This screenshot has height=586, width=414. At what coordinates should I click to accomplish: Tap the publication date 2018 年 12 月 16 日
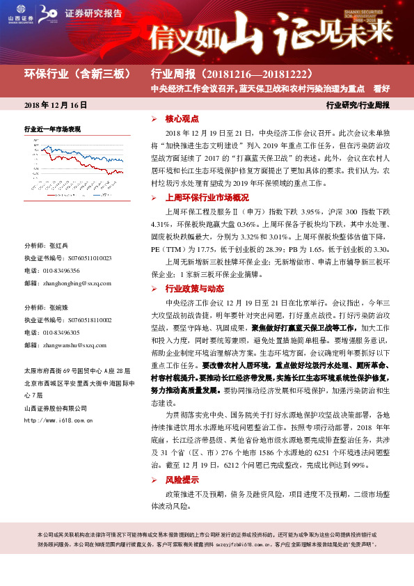tap(55, 105)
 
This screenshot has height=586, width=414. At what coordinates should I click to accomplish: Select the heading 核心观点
tap(182, 119)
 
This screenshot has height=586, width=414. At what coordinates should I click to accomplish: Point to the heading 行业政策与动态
tap(194, 288)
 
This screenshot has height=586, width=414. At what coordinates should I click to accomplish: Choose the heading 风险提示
tap(182, 480)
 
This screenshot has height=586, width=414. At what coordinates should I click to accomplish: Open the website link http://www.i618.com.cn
tap(56, 420)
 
